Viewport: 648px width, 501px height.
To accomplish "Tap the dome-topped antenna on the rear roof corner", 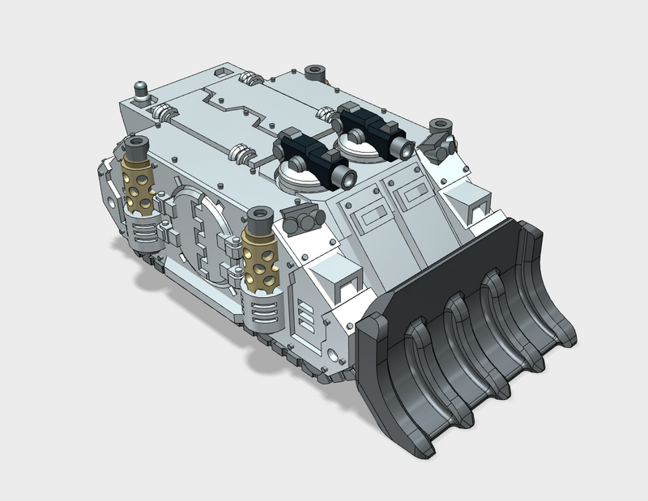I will [142, 91].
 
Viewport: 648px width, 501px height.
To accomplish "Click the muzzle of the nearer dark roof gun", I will [347, 174].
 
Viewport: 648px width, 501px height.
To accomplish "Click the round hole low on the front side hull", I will [333, 355].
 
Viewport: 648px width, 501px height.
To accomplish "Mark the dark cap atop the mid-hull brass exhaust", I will [259, 218].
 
